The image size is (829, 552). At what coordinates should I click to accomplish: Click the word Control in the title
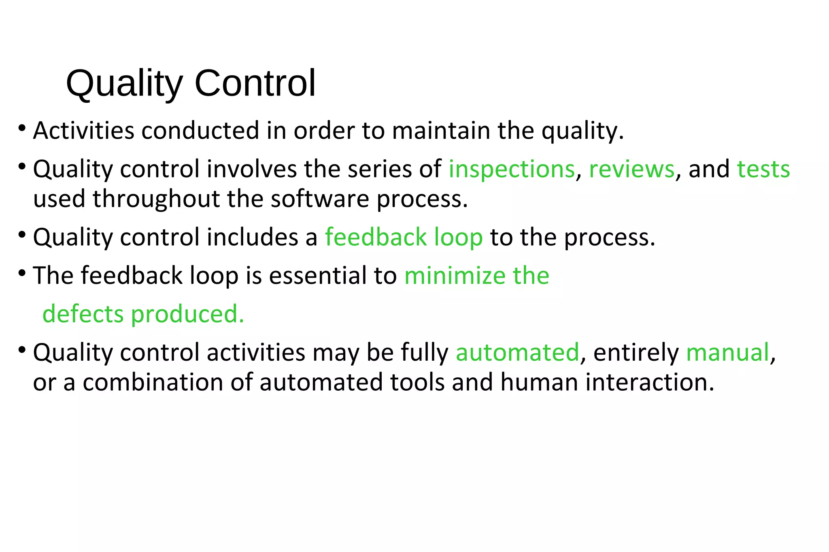[x=255, y=83]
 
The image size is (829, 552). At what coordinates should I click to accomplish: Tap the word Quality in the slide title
[x=124, y=84]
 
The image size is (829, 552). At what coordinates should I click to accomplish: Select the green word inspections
[x=512, y=169]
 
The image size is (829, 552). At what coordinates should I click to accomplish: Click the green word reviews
[x=631, y=169]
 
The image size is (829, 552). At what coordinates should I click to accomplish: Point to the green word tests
[x=763, y=169]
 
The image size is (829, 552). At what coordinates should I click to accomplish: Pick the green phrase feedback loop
[x=404, y=237]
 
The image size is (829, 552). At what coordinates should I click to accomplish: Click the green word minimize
[x=455, y=276]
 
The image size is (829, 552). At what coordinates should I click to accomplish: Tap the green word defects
[x=83, y=314]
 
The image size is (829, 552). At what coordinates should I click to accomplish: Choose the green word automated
[x=517, y=352]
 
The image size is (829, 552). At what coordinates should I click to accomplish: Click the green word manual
[x=727, y=352]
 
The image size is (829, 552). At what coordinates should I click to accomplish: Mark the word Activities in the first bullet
[x=83, y=131]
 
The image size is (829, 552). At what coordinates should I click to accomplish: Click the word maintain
[x=441, y=131]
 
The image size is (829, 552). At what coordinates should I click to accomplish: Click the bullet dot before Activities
[x=22, y=129]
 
